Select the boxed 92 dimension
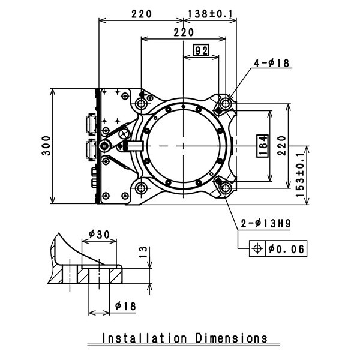point(200,50)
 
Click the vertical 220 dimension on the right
point(283,146)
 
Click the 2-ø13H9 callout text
point(266,224)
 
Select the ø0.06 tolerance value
point(286,248)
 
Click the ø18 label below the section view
point(125,306)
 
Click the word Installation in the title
point(146,338)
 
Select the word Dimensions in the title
point(232,338)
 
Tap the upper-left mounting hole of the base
point(142,104)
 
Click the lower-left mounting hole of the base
point(142,188)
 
